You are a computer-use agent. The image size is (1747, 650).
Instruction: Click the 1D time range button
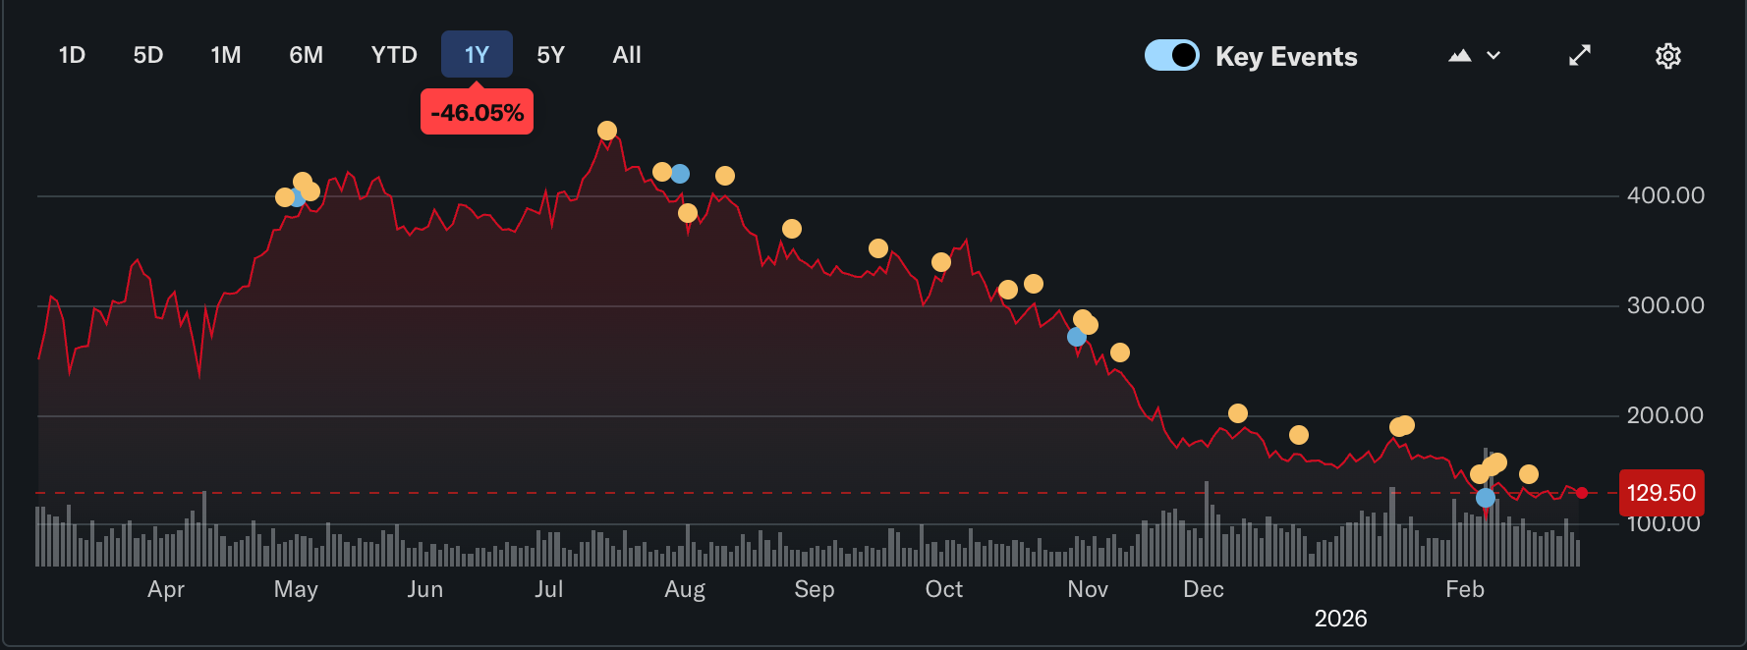coord(72,55)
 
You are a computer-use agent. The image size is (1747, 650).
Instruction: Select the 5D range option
coord(148,55)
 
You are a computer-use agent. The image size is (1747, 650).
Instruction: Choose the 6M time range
coord(306,55)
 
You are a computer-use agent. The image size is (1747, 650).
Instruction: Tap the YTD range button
coord(394,55)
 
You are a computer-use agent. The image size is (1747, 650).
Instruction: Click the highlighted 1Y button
coord(477,55)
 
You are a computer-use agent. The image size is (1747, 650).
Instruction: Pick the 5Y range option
coord(550,55)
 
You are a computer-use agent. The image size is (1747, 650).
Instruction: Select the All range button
coord(627,55)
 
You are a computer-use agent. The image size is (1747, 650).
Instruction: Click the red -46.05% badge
coord(477,112)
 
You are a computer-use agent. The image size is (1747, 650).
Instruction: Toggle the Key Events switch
coord(1172,55)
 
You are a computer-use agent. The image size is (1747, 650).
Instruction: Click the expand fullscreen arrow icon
coord(1580,56)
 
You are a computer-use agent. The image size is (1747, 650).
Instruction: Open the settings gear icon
coord(1668,56)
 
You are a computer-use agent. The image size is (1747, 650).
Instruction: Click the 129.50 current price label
coord(1662,493)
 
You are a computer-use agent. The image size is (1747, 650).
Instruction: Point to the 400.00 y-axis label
coord(1665,195)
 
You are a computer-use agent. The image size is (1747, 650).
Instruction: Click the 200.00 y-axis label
coord(1665,415)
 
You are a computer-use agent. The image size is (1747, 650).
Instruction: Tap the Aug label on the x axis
coord(685,589)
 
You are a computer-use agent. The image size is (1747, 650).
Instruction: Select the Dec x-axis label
coord(1204,589)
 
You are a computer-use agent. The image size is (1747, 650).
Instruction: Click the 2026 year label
coord(1341,619)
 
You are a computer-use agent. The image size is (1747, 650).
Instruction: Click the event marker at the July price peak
coord(607,131)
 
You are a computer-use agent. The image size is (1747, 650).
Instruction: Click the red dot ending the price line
coord(1582,493)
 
